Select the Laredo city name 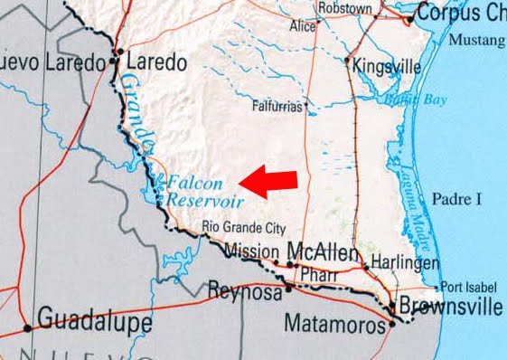[157, 63]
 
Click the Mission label [251, 251]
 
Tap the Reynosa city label [239, 290]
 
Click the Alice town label [302, 27]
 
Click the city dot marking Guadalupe [29, 327]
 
